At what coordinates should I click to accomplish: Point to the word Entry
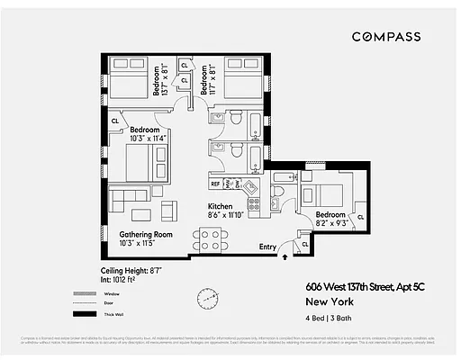[x=268, y=247]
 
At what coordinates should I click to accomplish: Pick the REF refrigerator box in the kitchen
[x=216, y=184]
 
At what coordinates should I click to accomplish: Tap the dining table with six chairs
[x=210, y=240]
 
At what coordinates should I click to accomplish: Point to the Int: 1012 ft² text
[x=123, y=279]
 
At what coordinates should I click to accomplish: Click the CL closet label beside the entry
[x=305, y=243]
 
